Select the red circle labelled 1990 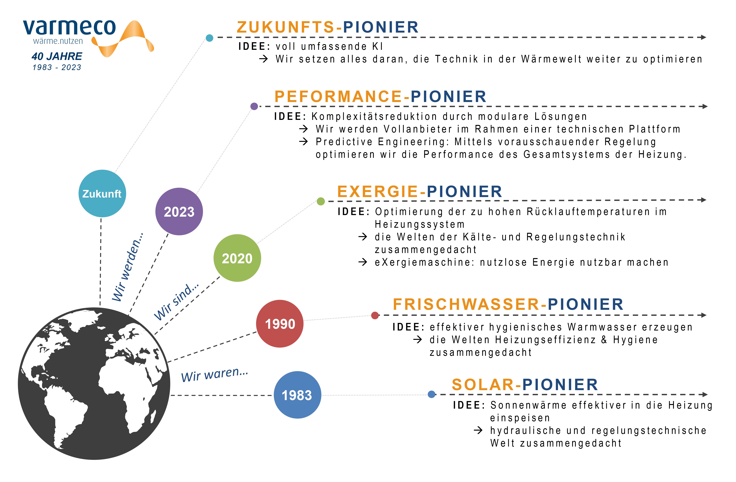click(280, 324)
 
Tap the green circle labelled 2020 click(237, 258)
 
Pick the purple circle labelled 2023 click(179, 212)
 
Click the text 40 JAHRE click(57, 56)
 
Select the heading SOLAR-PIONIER click(525, 385)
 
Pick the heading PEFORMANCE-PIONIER click(380, 96)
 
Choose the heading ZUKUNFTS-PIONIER click(328, 27)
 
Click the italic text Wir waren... click(215, 374)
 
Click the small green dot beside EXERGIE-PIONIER click(321, 201)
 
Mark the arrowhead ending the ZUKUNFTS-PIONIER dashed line click(704, 37)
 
